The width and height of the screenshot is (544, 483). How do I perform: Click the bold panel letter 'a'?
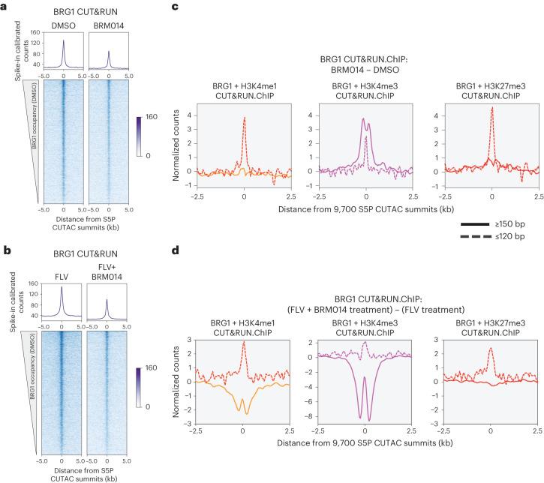tap(5, 6)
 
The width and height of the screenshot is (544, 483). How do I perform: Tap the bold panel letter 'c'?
tap(175, 6)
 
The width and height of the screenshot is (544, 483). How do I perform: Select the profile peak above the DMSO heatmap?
tap(64, 46)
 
